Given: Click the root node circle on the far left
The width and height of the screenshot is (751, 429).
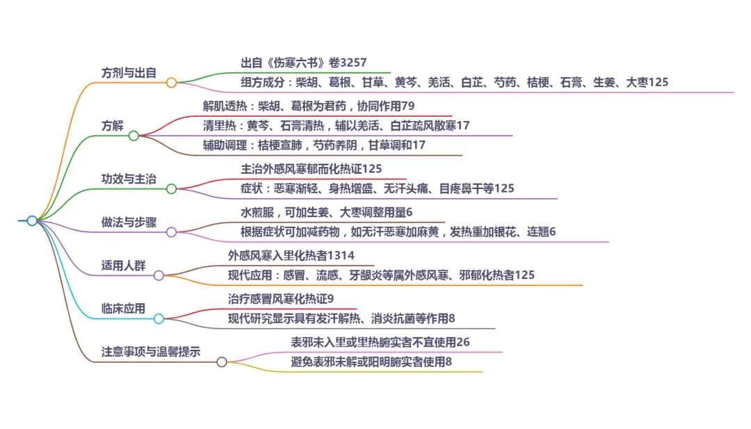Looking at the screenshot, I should tap(32, 220).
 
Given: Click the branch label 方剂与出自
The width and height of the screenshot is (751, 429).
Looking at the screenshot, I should tap(129, 72).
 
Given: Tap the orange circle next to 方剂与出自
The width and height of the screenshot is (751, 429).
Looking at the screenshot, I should tap(171, 83).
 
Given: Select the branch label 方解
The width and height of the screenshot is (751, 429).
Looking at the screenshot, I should tap(112, 125).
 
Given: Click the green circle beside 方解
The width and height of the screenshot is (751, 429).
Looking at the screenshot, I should tap(134, 136).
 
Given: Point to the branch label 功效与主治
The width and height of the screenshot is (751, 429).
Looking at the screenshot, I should tap(129, 179).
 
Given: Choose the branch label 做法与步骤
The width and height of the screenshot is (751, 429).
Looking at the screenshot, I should tap(129, 222).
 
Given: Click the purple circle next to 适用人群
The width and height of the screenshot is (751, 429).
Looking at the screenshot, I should tap(159, 275).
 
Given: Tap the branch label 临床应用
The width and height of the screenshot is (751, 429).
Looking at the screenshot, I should tap(123, 308).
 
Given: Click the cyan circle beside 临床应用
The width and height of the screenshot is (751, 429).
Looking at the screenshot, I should tap(159, 318).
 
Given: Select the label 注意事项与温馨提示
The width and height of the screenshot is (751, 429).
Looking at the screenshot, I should tap(151, 351).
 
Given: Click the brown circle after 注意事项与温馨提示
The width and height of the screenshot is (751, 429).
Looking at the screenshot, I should tap(222, 362).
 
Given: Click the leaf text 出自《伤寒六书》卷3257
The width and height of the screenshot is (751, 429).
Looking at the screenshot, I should tap(303, 63).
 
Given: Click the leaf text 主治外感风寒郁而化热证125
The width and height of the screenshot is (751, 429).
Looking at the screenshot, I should tap(311, 169).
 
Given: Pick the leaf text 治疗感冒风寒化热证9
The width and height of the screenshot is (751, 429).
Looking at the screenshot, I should tap(281, 298).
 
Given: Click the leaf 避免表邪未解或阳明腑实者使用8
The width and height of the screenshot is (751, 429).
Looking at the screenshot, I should tap(371, 362).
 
